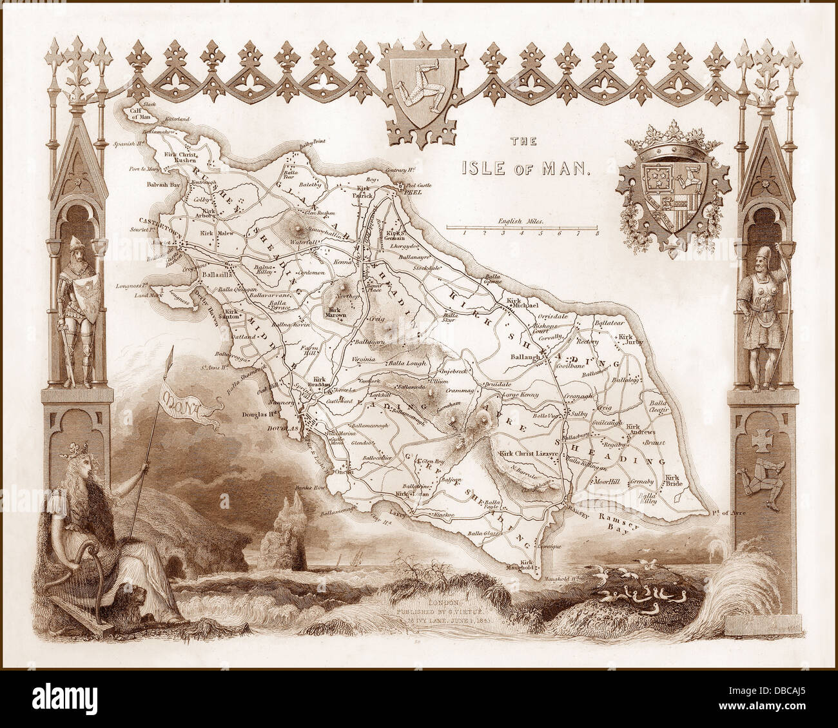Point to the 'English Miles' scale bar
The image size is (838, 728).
coord(522,227)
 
